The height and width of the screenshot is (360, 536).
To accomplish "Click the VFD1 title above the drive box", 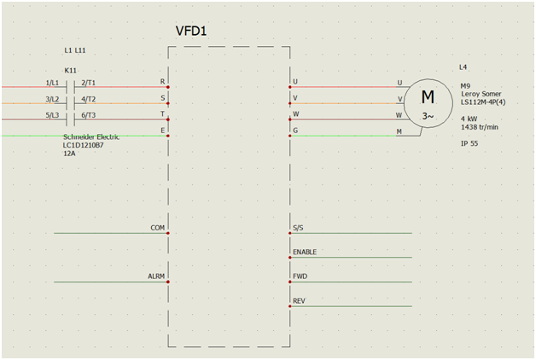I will tap(191, 32).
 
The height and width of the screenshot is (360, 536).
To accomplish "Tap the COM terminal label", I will tap(157, 228).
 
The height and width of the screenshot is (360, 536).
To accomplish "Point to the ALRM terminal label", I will tap(156, 277).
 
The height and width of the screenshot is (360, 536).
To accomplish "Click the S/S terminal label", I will tap(298, 228).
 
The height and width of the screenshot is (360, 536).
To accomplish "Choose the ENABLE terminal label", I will tap(305, 253).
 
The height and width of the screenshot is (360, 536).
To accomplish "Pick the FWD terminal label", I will tap(300, 277).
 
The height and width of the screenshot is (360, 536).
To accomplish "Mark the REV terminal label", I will tap(299, 301).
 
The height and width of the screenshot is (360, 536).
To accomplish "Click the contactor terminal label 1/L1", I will tap(52, 82).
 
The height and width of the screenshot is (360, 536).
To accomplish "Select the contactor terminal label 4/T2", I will tap(89, 99).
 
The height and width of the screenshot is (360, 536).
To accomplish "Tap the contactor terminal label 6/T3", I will tap(89, 115).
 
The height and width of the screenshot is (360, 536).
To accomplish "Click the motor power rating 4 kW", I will tap(469, 119).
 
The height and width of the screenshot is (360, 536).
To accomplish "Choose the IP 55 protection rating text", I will tap(469, 143).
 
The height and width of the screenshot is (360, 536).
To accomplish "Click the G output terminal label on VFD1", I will tap(295, 131).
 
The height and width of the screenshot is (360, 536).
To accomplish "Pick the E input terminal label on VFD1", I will tap(162, 131).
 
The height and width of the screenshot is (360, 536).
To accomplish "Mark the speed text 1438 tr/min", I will tap(480, 127).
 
